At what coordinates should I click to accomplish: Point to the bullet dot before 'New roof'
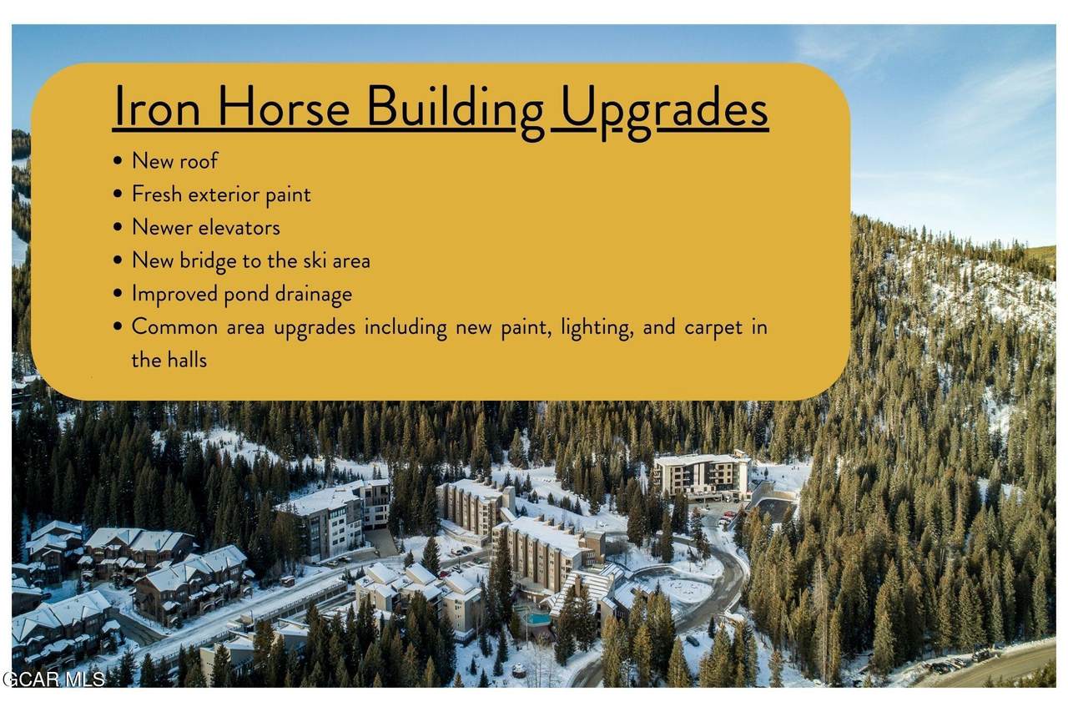pyautogui.click(x=119, y=161)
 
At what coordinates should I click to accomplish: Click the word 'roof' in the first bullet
pyautogui.click(x=197, y=160)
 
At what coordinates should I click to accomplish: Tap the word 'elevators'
pyautogui.click(x=239, y=227)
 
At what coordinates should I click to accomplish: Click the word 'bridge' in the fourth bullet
pyautogui.click(x=208, y=260)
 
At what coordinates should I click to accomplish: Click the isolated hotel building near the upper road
pyautogui.click(x=702, y=476)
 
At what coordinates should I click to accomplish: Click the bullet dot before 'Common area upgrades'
pyautogui.click(x=119, y=328)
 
